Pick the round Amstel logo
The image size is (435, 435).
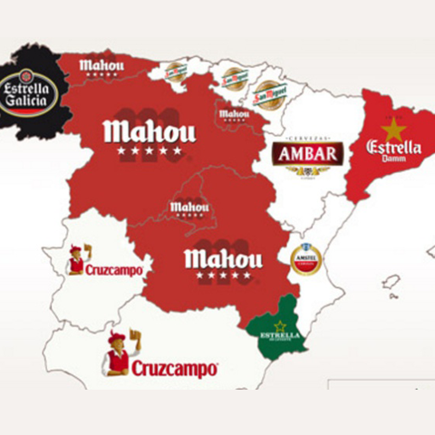[305, 260]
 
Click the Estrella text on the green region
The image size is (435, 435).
[278, 336]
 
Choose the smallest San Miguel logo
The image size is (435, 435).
[175, 71]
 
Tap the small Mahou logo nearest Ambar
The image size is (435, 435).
[234, 114]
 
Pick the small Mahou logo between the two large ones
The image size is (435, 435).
[188, 208]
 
